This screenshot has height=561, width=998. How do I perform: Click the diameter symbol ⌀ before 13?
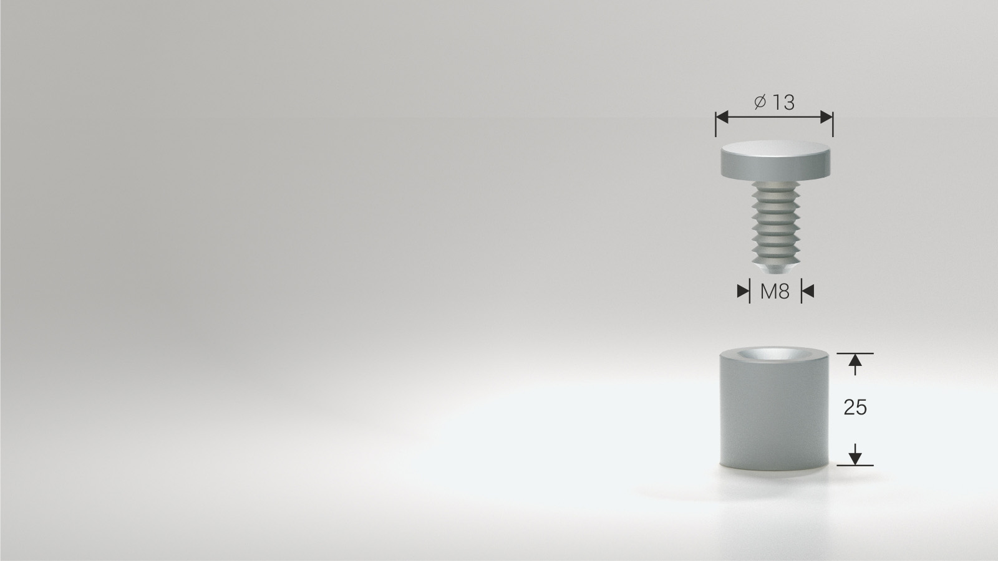760,102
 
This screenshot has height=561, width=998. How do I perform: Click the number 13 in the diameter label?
783,102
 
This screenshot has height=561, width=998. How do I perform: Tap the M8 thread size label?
775,292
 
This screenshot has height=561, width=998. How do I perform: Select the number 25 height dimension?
855,408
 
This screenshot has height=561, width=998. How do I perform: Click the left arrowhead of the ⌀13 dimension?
722,117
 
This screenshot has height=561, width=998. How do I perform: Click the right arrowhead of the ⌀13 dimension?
826,117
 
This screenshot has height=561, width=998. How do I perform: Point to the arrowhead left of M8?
743,291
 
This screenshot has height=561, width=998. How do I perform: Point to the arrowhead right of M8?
808,291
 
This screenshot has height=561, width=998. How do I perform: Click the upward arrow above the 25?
855,364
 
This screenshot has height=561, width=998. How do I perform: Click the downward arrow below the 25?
855,454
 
